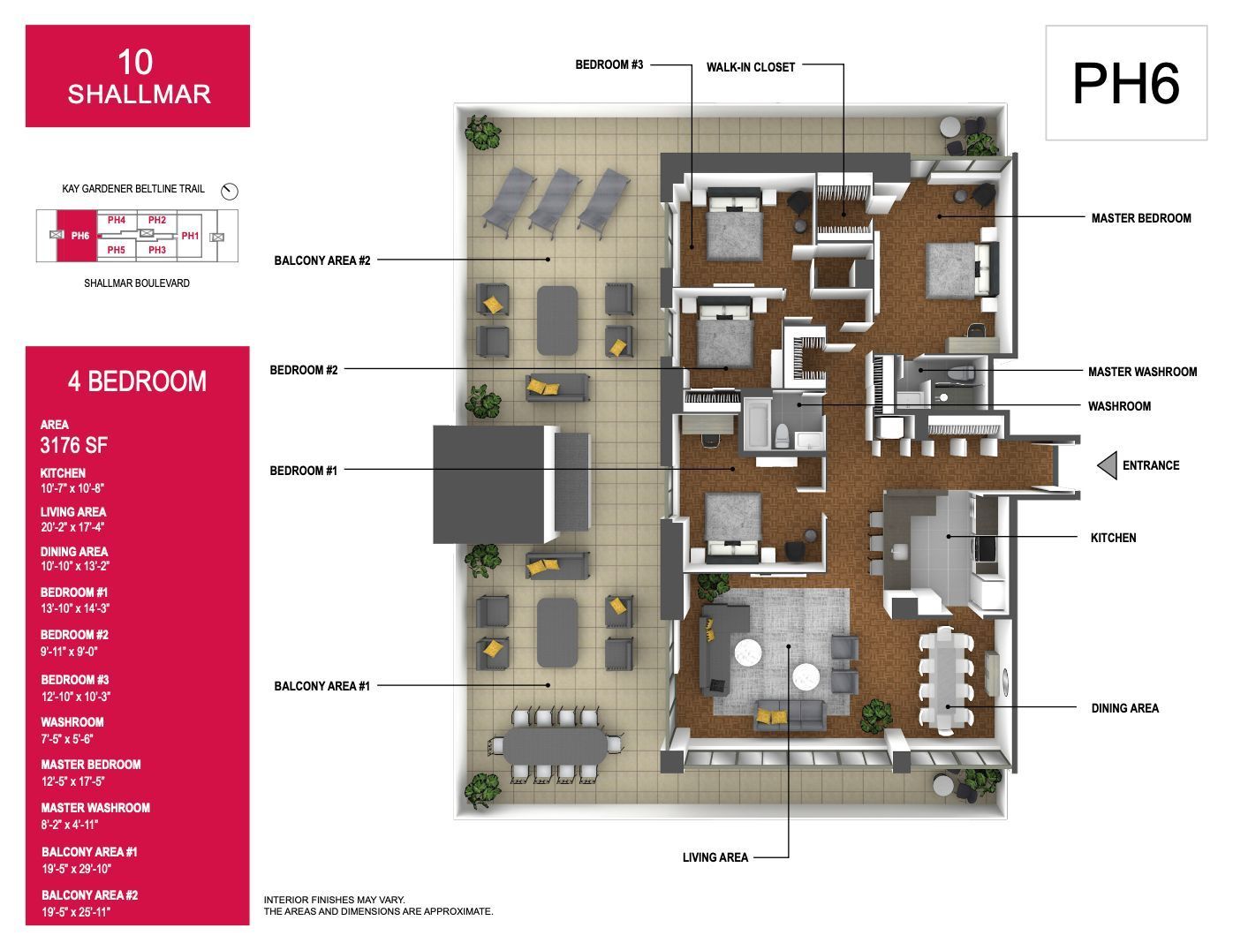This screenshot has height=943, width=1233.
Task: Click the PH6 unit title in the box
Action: [x=1125, y=83]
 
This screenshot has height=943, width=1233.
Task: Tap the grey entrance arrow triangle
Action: [x=1108, y=465]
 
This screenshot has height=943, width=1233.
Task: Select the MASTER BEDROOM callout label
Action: [x=1141, y=218]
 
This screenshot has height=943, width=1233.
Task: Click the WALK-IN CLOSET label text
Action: [x=751, y=67]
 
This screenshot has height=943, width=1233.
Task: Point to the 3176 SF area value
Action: [x=73, y=446]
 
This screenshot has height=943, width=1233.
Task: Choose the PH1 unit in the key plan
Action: [x=190, y=236]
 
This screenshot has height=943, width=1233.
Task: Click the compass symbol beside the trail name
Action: [x=229, y=192]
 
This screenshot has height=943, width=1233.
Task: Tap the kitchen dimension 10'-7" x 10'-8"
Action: [x=72, y=488]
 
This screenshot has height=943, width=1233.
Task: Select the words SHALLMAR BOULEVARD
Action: [x=137, y=283]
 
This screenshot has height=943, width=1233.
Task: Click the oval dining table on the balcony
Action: [x=555, y=747]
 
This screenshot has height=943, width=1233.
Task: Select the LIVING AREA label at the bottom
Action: [x=715, y=857]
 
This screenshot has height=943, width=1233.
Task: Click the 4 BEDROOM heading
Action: [x=137, y=381]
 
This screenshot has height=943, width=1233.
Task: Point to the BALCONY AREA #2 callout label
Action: [x=321, y=260]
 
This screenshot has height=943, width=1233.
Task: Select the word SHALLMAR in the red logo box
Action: [x=139, y=94]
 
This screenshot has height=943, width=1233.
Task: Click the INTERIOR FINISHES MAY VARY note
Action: [x=334, y=900]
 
